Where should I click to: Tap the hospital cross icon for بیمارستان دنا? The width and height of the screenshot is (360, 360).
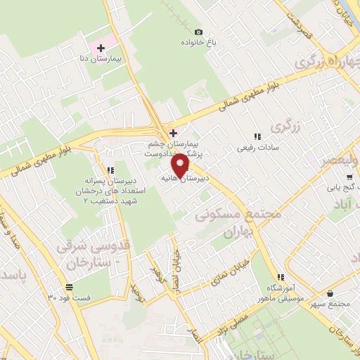click(x=100, y=48)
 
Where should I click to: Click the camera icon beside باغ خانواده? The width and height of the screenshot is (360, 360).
click(x=198, y=32)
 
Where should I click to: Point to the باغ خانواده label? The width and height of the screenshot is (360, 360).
click(x=199, y=44)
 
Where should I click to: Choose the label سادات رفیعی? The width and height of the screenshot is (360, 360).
click(x=257, y=148)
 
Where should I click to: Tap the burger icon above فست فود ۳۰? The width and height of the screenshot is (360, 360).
click(x=69, y=287)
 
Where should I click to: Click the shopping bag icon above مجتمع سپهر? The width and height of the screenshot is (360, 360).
click(x=330, y=293)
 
